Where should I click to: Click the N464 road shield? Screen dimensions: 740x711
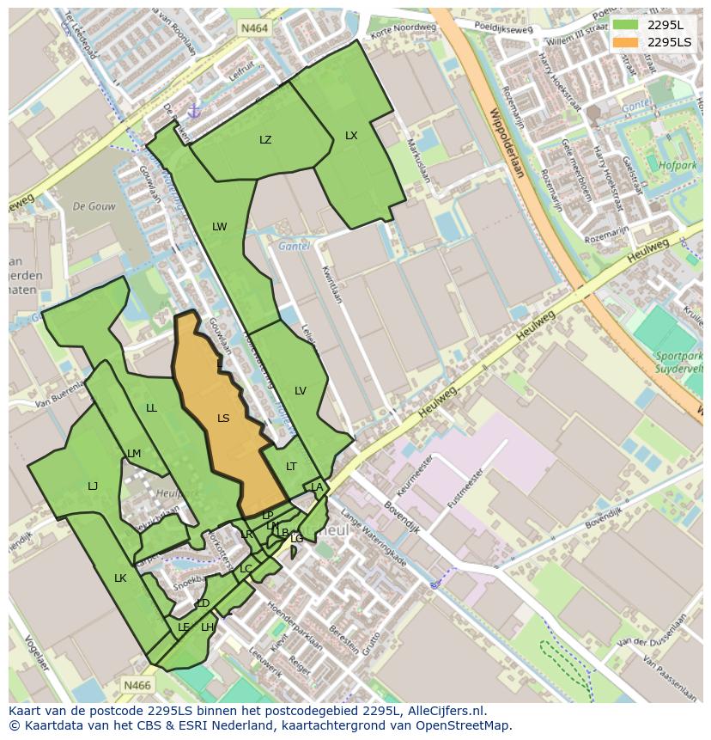pyautogui.click(x=254, y=28)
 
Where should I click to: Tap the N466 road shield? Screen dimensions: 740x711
pyautogui.click(x=137, y=685)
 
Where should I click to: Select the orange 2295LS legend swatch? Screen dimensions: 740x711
pyautogui.click(x=625, y=42)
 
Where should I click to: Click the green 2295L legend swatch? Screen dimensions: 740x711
pyautogui.click(x=625, y=25)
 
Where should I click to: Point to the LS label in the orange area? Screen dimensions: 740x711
pyautogui.click(x=223, y=419)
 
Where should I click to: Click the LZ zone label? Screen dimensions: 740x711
pyautogui.click(x=265, y=140)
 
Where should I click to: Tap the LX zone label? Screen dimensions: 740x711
pyautogui.click(x=351, y=136)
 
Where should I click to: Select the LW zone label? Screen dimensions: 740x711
pyautogui.click(x=220, y=227)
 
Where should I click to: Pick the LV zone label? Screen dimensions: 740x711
pyautogui.click(x=301, y=391)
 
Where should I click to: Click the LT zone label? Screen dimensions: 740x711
pyautogui.click(x=291, y=467)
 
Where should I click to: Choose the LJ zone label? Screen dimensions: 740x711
pyautogui.click(x=93, y=486)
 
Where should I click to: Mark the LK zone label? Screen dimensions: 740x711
pyautogui.click(x=120, y=578)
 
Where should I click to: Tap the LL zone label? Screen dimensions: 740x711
pyautogui.click(x=152, y=408)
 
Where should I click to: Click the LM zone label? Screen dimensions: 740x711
pyautogui.click(x=134, y=454)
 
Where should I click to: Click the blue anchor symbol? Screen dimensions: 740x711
pyautogui.click(x=194, y=111)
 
